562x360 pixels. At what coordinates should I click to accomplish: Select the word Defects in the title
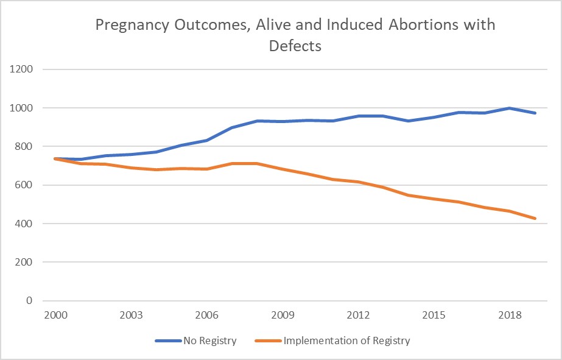coord(295,46)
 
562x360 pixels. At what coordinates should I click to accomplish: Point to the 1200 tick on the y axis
coord(21,69)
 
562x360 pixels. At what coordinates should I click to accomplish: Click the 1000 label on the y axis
coord(21,108)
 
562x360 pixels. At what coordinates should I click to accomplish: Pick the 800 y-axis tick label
coord(23,146)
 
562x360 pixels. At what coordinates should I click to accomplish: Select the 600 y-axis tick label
coord(23,185)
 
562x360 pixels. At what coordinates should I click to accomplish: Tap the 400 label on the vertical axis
coord(23,224)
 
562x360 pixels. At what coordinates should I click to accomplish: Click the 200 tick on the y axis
coord(23,263)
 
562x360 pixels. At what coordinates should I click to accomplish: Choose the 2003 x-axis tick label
coord(131,316)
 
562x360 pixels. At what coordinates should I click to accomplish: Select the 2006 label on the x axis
coord(207,316)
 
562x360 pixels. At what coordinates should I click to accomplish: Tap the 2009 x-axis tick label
coord(283,316)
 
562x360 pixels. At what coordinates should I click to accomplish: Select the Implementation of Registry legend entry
coord(346,341)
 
